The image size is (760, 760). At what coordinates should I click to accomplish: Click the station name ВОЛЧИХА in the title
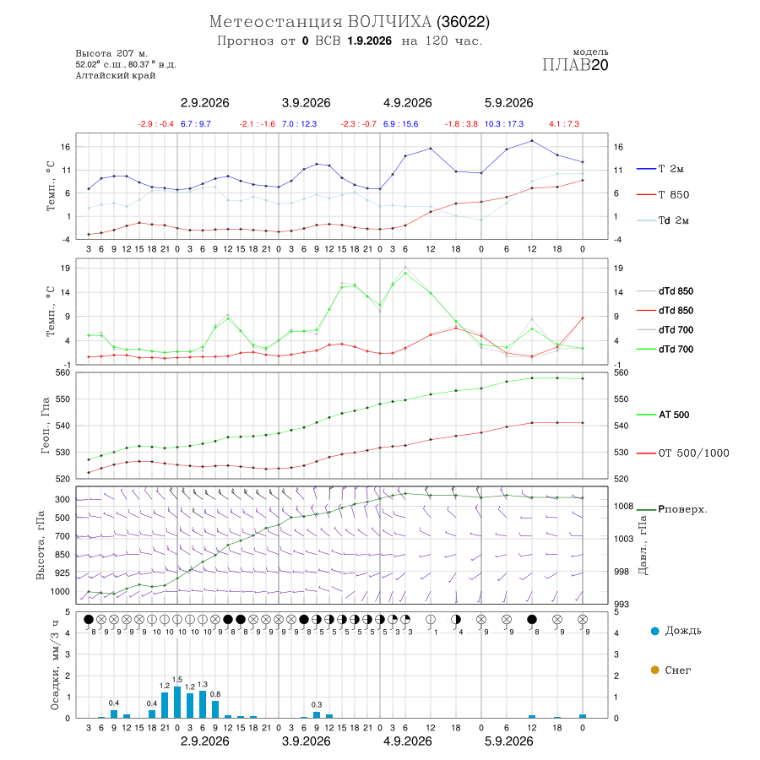click(389, 22)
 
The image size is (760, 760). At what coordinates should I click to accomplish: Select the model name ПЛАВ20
click(575, 65)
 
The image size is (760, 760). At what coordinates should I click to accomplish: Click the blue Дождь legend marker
click(654, 631)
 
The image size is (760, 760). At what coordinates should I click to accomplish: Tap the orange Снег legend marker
click(654, 670)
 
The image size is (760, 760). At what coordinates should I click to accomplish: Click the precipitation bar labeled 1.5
click(177, 702)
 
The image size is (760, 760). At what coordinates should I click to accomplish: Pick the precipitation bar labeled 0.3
click(317, 714)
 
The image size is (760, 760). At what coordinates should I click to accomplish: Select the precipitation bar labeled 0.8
click(215, 709)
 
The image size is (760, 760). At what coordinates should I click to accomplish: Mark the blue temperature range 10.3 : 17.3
click(504, 124)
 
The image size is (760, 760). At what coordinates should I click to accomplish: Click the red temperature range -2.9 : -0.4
click(155, 124)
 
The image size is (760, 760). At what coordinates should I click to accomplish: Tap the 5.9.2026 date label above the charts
click(509, 103)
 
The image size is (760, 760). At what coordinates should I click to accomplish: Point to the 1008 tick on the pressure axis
click(624, 506)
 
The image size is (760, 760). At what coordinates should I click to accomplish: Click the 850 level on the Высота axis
click(62, 555)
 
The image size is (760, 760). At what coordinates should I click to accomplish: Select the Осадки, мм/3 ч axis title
click(55, 665)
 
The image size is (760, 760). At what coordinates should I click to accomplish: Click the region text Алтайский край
click(116, 75)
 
